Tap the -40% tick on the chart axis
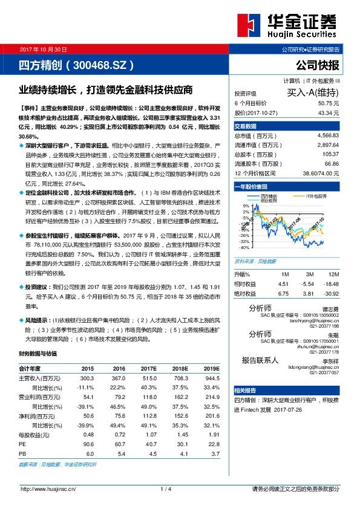tap(244, 248)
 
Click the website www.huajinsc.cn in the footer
tap(48, 489)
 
